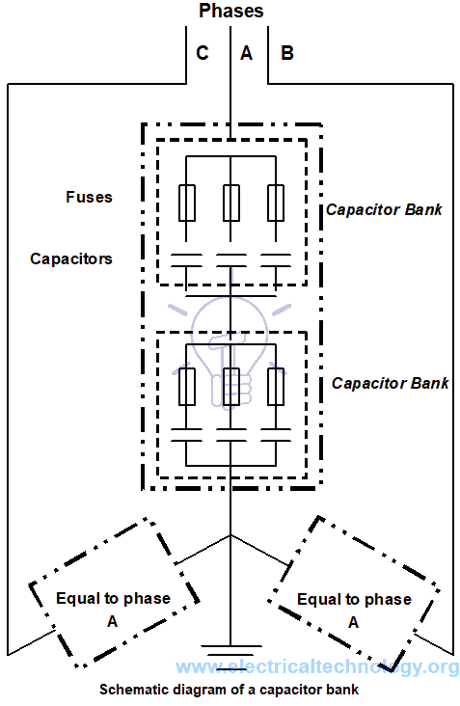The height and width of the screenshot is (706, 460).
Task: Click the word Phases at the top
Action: click(x=230, y=12)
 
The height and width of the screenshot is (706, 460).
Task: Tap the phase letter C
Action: click(x=202, y=54)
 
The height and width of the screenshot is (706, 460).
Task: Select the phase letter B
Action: click(x=286, y=54)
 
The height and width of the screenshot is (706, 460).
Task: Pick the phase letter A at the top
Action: click(x=245, y=54)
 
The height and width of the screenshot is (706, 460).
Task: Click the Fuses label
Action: click(x=89, y=197)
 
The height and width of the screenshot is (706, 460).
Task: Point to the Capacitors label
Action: click(x=70, y=258)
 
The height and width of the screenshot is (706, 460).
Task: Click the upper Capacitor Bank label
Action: click(x=384, y=208)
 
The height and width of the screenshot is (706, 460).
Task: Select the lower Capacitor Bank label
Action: click(x=390, y=383)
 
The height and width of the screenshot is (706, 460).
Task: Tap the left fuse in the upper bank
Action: click(x=185, y=203)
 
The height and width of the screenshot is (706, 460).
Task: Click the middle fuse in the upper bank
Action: click(x=230, y=203)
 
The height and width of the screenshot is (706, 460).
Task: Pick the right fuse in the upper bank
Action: click(x=276, y=203)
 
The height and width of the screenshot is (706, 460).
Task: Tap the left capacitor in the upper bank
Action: click(x=185, y=258)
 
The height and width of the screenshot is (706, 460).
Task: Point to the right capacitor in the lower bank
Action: click(x=276, y=434)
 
